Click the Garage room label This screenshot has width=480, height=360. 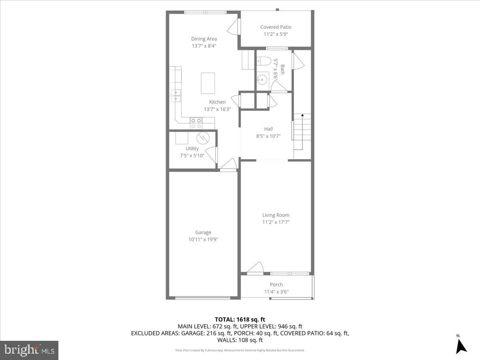click(203, 232)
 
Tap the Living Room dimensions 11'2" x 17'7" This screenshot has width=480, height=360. click(276, 222)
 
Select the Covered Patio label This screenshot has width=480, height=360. click(276, 27)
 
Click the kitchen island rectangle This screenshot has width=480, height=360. click(208, 83)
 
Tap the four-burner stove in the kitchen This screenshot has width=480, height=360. click(196, 123)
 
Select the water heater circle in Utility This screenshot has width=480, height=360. click(203, 138)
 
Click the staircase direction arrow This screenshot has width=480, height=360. click(302, 116)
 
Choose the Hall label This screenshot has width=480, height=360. click(268, 129)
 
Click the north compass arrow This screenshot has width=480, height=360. click(461, 345)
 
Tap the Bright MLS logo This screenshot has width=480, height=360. click(29, 350)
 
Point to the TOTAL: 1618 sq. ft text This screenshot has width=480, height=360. click(240, 319)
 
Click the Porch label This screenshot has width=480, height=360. click(276, 285)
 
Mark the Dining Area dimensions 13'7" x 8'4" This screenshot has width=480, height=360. click(204, 46)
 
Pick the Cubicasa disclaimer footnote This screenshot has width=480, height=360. click(240, 350)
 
